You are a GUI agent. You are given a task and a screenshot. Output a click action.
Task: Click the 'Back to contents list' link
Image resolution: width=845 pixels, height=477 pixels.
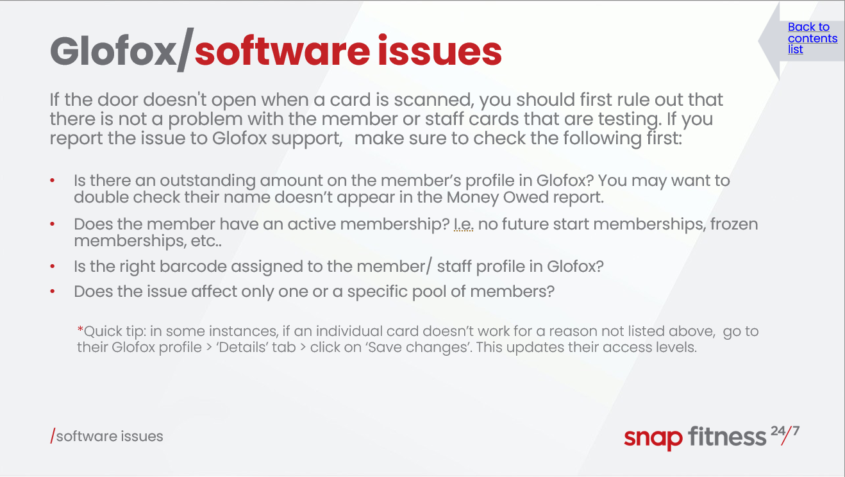click(812, 38)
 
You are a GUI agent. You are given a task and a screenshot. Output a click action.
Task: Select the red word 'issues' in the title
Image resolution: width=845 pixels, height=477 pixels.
click(439, 51)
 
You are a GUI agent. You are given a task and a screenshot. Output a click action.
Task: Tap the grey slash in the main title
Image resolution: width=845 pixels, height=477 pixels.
click(185, 49)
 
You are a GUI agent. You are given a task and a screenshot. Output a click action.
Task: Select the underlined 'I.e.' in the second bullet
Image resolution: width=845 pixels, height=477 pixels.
click(464, 224)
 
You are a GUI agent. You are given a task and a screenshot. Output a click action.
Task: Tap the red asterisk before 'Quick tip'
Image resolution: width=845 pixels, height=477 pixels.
click(80, 330)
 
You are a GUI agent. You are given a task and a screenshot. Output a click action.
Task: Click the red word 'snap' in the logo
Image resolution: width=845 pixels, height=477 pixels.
click(653, 439)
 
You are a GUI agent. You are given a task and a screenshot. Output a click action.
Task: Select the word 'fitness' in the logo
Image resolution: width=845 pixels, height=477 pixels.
click(727, 436)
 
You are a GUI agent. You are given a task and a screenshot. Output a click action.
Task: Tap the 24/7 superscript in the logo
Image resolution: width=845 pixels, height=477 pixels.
click(785, 434)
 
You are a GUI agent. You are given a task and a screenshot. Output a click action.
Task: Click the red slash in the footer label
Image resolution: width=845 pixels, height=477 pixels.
click(53, 436)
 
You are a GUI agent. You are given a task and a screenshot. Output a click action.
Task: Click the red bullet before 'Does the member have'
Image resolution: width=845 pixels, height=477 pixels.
click(53, 224)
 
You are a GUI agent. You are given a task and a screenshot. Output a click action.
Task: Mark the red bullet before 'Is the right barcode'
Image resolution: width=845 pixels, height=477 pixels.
click(53, 267)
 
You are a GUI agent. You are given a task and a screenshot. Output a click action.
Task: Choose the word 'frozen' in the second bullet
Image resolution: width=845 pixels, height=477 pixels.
click(734, 224)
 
